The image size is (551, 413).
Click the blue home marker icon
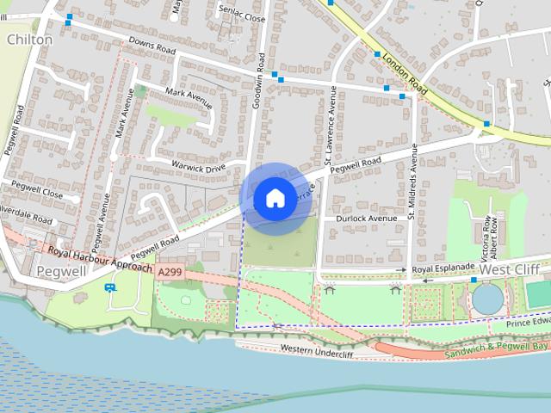click(x=274, y=198)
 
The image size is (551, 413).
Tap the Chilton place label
click(x=29, y=40)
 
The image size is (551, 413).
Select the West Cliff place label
click(x=510, y=269)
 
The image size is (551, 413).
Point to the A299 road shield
click(x=170, y=270)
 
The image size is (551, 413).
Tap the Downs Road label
click(x=152, y=46)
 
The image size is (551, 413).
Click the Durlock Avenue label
click(x=367, y=219)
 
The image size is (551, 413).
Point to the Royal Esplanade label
click(x=443, y=269)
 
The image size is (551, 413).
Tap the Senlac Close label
click(x=242, y=15)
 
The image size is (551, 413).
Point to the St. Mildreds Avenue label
click(x=413, y=182)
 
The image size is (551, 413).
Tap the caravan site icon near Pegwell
click(x=110, y=287)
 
